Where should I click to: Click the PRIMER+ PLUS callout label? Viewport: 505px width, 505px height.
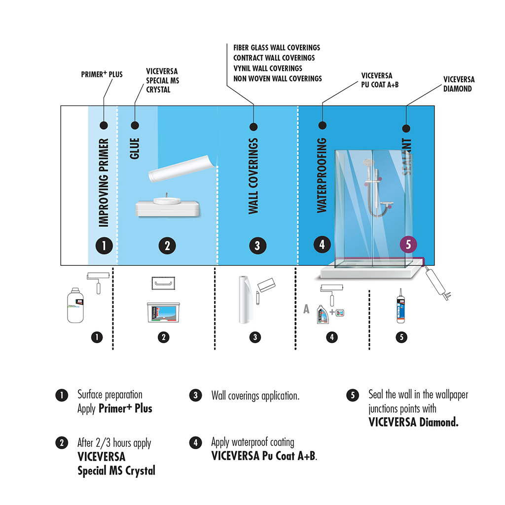102,74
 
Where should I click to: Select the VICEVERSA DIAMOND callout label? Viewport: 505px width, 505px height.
459,84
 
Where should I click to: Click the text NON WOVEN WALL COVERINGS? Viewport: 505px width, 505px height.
277,78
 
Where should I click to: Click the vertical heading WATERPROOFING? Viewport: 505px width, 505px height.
322,175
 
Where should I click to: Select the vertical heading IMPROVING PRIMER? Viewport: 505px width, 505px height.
104,182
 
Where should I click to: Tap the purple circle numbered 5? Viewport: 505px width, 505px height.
408,244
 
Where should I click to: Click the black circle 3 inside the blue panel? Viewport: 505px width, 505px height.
257,246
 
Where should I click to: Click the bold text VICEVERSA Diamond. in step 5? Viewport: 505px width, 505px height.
413,422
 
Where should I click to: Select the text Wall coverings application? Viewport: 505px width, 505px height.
255,396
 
